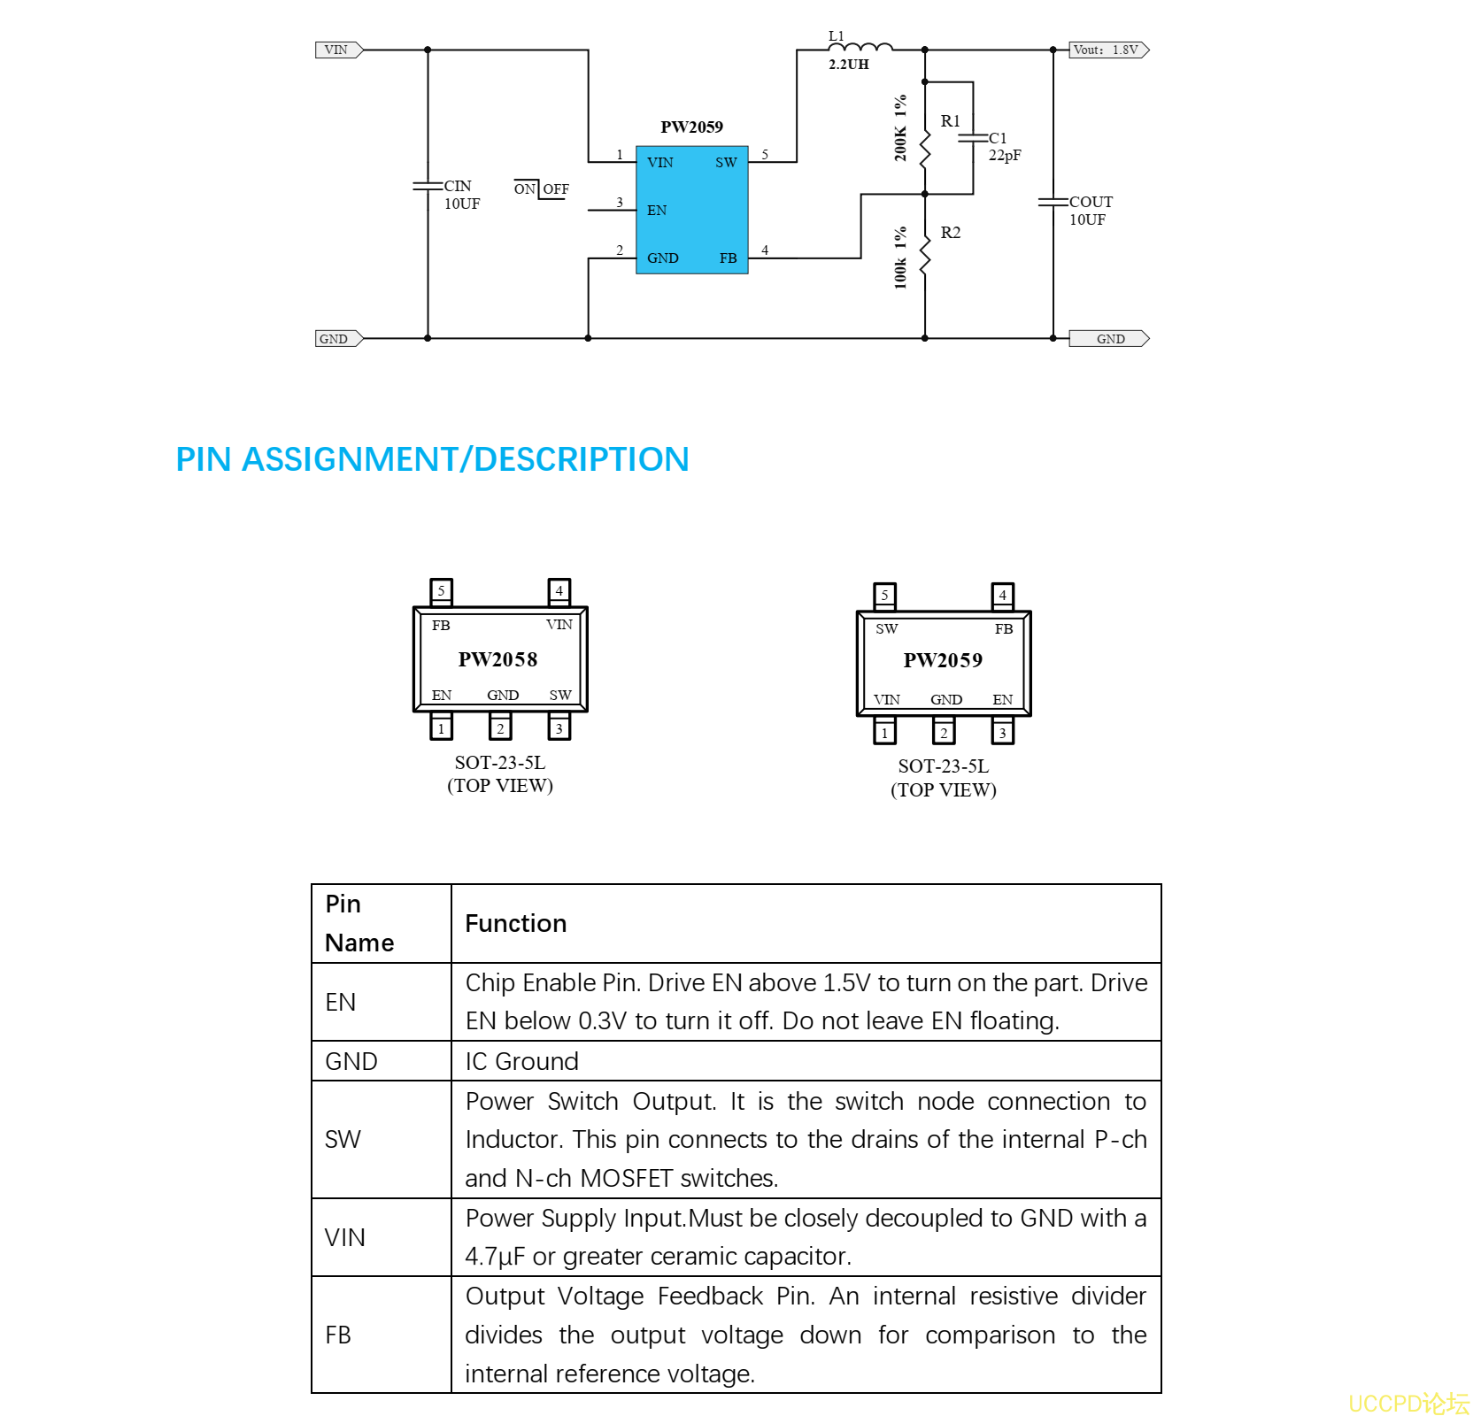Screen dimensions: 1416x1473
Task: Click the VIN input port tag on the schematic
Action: pyautogui.click(x=338, y=50)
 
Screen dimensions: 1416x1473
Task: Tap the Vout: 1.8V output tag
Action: pyautogui.click(x=1107, y=50)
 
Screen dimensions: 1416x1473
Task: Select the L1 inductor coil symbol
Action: pyautogui.click(x=860, y=47)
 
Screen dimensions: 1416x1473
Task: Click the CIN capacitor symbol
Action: pyautogui.click(x=428, y=186)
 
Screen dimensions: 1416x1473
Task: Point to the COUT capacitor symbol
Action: pyautogui.click(x=1053, y=203)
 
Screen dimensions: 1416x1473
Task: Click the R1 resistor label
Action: pyautogui.click(x=950, y=121)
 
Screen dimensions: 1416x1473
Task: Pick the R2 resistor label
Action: pyautogui.click(x=950, y=233)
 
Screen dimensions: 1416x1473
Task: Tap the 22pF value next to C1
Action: pyautogui.click(x=1005, y=156)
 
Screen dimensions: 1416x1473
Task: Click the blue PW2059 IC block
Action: pyautogui.click(x=691, y=210)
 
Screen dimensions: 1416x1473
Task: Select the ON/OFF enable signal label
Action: pyautogui.click(x=541, y=189)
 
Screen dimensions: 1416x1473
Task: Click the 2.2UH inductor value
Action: pyautogui.click(x=848, y=65)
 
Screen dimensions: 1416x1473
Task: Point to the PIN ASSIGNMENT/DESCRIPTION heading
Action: pyautogui.click(x=432, y=459)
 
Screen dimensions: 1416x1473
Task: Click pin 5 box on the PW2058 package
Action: pyautogui.click(x=441, y=590)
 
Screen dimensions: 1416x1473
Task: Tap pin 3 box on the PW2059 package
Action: pyautogui.click(x=1002, y=733)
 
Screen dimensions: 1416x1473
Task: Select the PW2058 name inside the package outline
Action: pyautogui.click(x=497, y=659)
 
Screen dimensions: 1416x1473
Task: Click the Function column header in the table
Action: pyautogui.click(x=515, y=923)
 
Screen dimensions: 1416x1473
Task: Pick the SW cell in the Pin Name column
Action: pyautogui.click(x=343, y=1139)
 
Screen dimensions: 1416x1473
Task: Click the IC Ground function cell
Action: pyautogui.click(x=521, y=1061)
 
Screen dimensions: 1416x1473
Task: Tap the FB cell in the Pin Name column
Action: pyautogui.click(x=338, y=1335)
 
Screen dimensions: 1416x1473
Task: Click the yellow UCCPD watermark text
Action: pyautogui.click(x=1407, y=1404)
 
